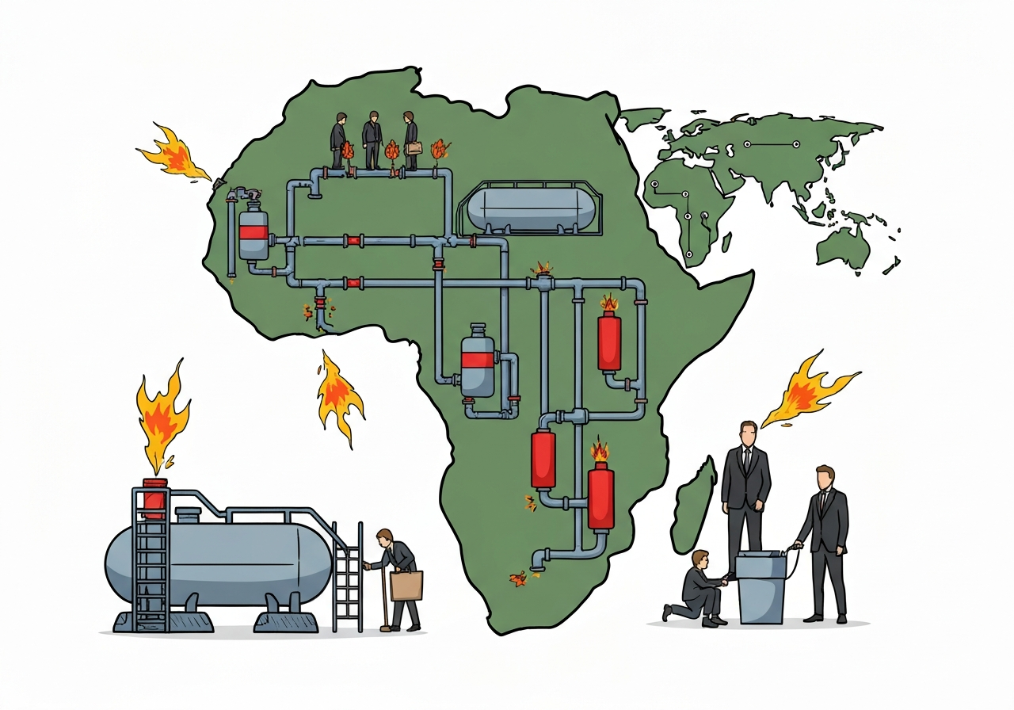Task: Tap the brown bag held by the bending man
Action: click(x=406, y=585)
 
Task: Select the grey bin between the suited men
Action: click(x=760, y=587)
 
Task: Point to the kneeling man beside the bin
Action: click(x=698, y=587)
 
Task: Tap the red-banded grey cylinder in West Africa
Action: click(x=253, y=231)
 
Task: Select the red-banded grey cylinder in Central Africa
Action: click(x=478, y=361)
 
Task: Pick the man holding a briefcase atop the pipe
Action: click(x=410, y=140)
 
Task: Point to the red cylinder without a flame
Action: click(x=543, y=460)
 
